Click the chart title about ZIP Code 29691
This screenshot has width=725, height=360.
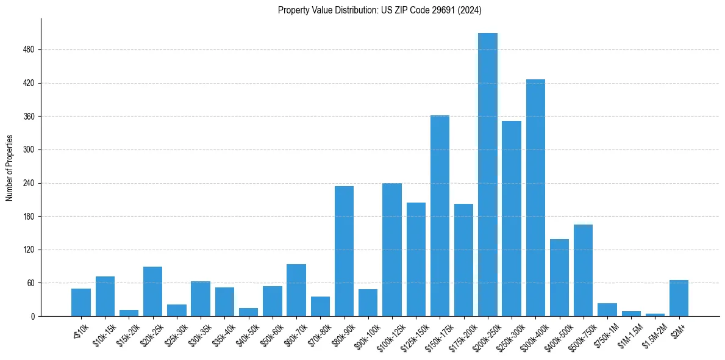pos(380,10)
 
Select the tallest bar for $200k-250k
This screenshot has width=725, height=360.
pos(488,175)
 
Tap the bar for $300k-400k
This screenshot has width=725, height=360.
pos(535,198)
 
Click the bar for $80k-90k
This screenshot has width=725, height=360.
pos(344,251)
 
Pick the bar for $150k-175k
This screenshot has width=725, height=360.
pos(440,215)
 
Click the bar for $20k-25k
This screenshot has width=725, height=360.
pos(152,291)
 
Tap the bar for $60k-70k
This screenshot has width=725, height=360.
pos(296,290)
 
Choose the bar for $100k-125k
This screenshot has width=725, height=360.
pos(392,250)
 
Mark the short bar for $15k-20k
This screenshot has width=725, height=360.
pos(129,313)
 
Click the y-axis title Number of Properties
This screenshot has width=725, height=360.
pos(9,167)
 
